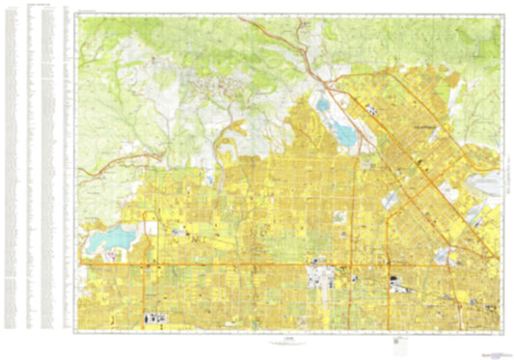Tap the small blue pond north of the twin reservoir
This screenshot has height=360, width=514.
pos(321,101)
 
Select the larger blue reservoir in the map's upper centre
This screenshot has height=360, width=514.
pos(339,129)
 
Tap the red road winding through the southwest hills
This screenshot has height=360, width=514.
pos(116,166)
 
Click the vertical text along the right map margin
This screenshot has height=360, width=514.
pos(500,174)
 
